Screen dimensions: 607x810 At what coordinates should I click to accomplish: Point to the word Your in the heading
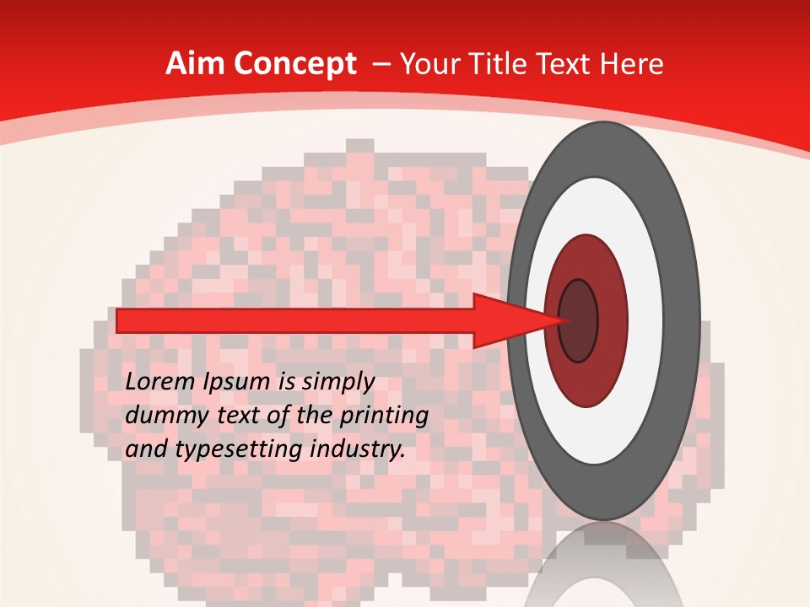click(432, 64)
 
